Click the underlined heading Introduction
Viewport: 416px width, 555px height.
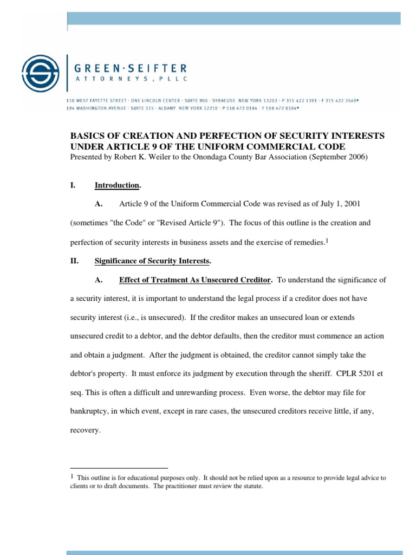[x=117, y=185]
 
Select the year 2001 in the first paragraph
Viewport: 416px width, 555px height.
[x=350, y=204]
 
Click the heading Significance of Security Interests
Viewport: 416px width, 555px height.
[x=152, y=261]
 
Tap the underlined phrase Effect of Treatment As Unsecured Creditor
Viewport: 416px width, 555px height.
[x=194, y=280]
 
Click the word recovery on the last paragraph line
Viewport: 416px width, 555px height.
[x=84, y=430]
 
